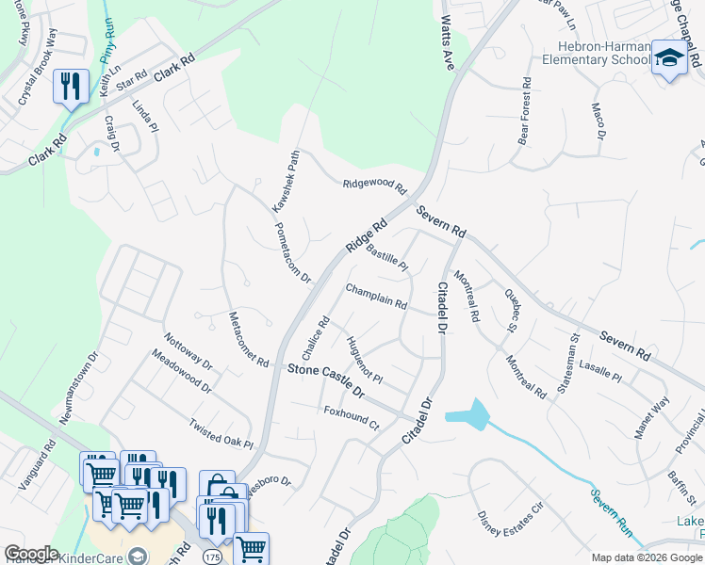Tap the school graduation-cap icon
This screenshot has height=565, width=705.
669,58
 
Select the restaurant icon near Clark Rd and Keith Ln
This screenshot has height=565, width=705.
72,87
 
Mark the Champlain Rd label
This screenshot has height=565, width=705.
375,297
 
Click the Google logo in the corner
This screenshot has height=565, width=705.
31,554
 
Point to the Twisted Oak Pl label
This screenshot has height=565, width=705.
221,433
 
